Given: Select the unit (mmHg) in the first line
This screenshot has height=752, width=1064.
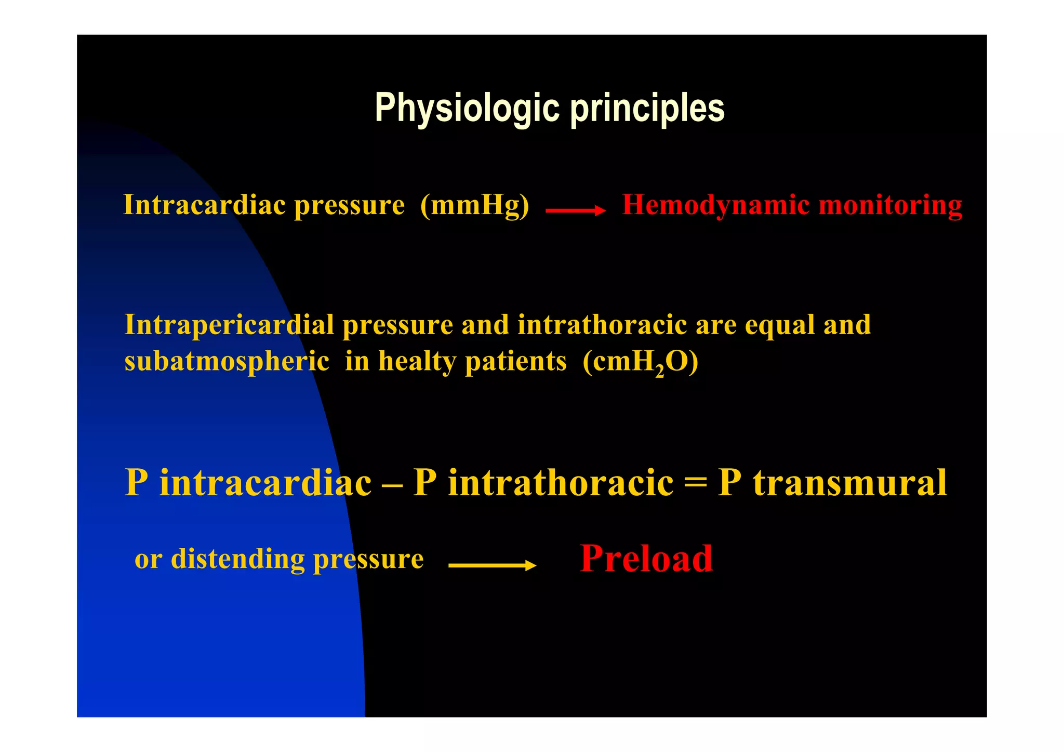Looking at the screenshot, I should [474, 205].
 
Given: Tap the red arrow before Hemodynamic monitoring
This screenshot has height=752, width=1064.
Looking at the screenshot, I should [575, 210].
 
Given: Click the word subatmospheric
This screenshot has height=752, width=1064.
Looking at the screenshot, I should [227, 361].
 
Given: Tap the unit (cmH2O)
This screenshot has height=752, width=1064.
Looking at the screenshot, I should [640, 362].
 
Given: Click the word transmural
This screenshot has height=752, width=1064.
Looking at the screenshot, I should [850, 483].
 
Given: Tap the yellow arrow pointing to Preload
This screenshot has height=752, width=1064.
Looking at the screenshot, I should [492, 565].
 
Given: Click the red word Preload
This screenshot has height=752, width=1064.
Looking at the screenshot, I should [646, 559].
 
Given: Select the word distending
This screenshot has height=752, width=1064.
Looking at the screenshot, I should [237, 560].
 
